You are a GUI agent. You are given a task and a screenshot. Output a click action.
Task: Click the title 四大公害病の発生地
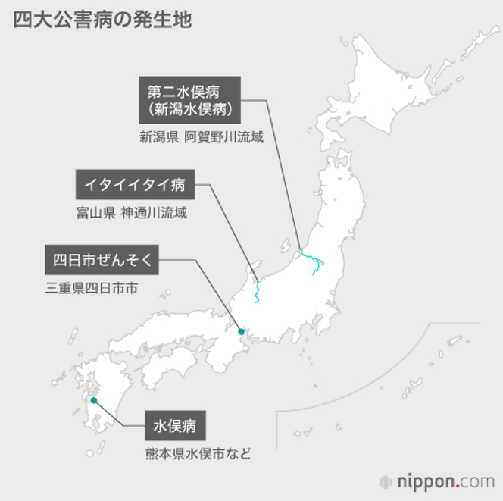tap(103, 20)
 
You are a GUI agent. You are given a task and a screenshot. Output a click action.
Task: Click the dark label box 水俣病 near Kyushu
tap(175, 426)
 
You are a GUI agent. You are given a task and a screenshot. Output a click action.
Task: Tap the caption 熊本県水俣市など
tap(198, 455)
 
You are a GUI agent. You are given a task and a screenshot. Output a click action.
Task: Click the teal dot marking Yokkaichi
tap(241, 331)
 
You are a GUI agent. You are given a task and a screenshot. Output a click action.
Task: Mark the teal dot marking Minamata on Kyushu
tap(94, 400)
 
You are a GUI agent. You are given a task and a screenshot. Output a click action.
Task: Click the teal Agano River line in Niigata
tap(310, 261)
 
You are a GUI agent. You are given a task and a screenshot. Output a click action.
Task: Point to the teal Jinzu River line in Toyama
tap(258, 291)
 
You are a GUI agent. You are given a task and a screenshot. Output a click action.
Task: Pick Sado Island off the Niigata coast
tap(286, 246)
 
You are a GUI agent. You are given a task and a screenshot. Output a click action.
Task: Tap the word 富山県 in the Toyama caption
tap(95, 214)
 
